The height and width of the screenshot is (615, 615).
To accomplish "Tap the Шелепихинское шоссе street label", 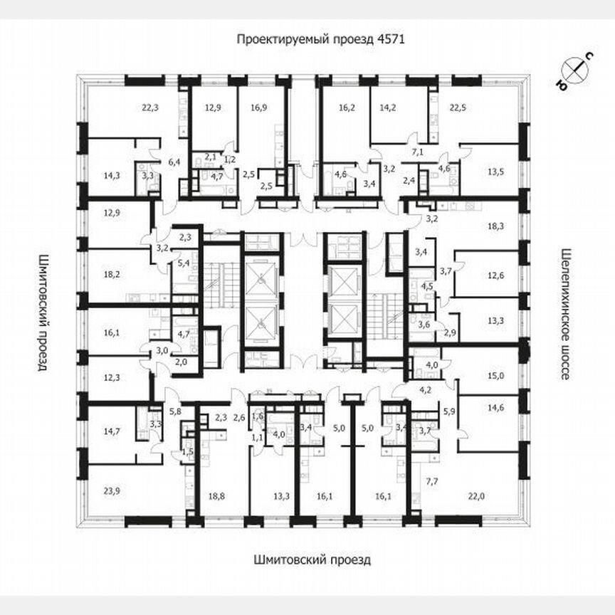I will tap(567, 314).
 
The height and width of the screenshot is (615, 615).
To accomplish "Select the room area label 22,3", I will tap(150, 108).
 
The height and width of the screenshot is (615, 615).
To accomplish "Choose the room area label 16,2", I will tap(347, 108).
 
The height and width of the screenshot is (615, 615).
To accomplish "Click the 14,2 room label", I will tap(388, 108).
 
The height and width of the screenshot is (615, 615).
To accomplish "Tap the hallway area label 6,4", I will tap(173, 162).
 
